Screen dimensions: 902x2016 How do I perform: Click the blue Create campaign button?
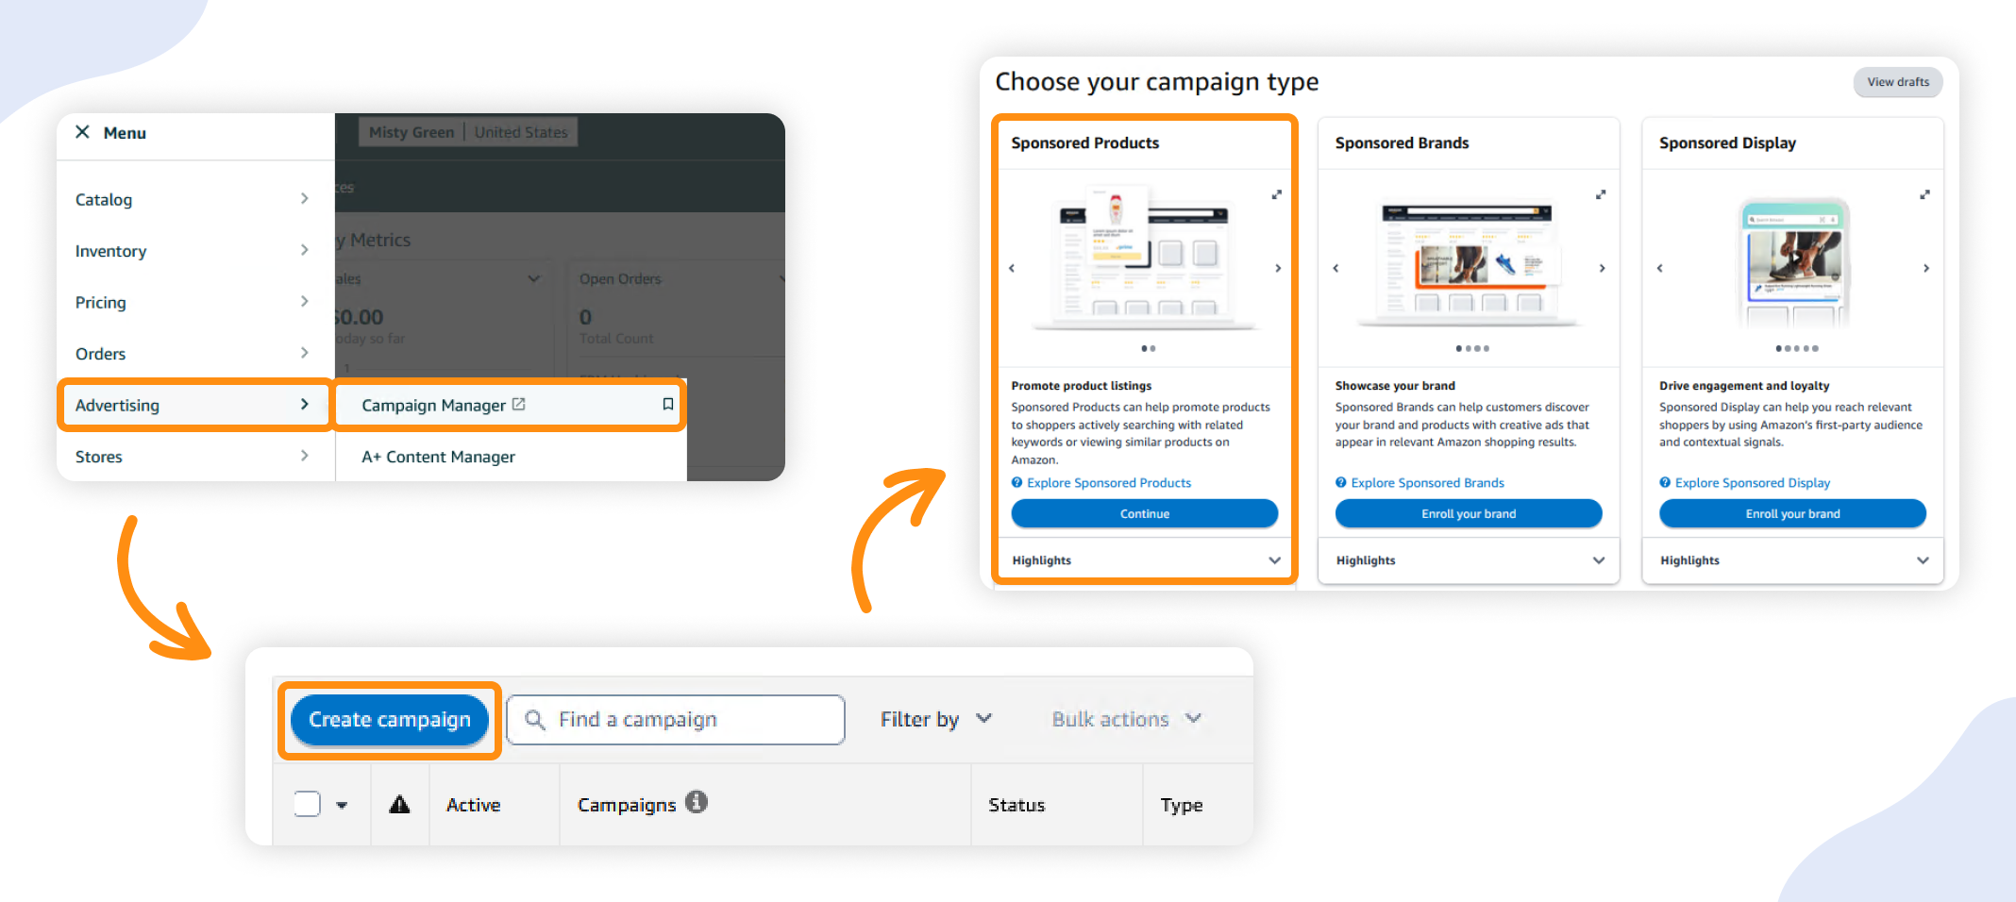(389, 720)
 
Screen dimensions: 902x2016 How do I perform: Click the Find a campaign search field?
(675, 720)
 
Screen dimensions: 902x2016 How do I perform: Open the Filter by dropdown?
(934, 719)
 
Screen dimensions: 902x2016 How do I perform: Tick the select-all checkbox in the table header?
(308, 804)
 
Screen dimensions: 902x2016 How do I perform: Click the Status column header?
(1016, 805)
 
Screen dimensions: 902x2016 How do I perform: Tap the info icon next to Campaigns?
(697, 802)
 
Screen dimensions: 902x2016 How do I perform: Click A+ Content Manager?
(438, 457)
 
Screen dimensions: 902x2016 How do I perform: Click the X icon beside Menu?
(82, 132)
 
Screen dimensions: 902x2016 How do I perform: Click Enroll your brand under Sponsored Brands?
(1468, 513)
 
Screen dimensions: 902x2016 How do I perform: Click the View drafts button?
(1897, 82)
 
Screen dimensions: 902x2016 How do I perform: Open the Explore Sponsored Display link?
(1752, 483)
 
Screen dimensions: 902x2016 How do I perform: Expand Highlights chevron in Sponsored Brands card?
(1598, 560)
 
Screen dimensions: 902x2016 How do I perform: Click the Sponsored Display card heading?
(1727, 143)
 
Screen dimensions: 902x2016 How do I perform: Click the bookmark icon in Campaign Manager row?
(667, 404)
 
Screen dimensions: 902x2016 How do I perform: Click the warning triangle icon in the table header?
(399, 804)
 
